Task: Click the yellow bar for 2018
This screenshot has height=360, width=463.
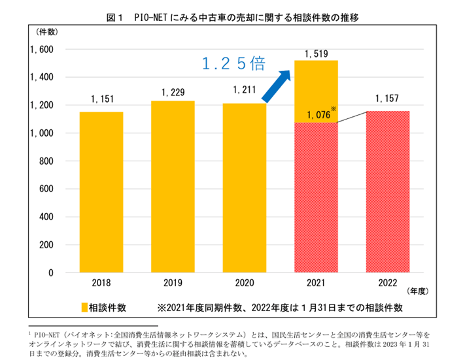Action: [x=101, y=192]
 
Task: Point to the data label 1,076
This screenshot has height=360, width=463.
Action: [x=315, y=115]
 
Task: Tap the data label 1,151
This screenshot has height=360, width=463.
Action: [x=101, y=99]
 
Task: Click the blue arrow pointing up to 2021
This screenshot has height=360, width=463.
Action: [x=277, y=86]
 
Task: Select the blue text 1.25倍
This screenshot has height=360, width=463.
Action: [x=232, y=63]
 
